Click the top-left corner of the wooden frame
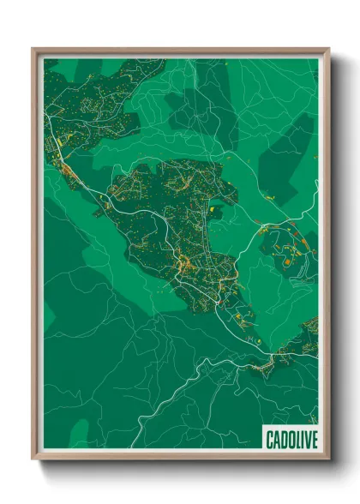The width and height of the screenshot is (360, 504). pos(33,49)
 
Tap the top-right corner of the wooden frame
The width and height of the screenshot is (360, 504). pos(329,49)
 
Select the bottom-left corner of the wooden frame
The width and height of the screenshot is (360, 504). pos(33,459)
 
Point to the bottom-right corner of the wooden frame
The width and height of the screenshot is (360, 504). pos(329,459)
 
